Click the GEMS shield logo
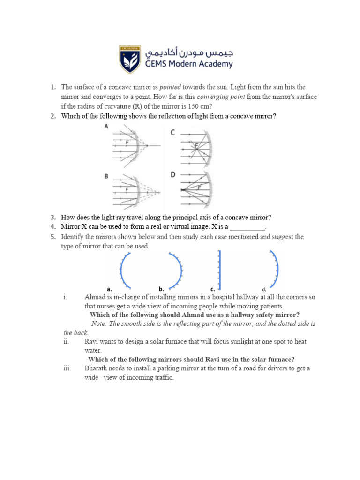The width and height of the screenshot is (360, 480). pos(130,59)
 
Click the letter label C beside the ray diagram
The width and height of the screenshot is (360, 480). pos(172,133)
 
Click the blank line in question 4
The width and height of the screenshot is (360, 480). pos(247,227)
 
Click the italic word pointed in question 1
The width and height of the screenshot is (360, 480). pos(170,87)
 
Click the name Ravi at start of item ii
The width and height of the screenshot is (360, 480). pos(92,342)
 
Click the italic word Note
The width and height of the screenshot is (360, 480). pos(99,324)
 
